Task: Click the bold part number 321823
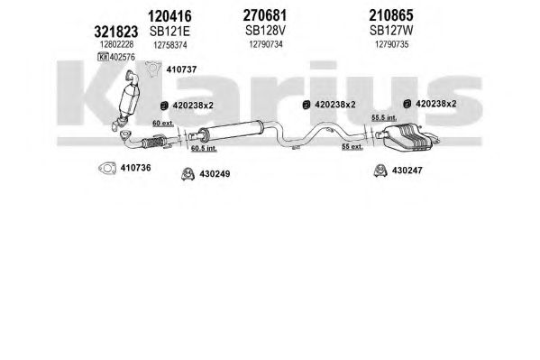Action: pos(116,32)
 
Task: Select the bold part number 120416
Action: pos(169,16)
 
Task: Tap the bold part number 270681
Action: pos(265,15)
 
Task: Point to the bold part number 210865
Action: pos(391,15)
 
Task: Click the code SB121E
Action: pos(169,32)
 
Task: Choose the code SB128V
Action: pos(265,31)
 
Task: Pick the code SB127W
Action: pos(391,31)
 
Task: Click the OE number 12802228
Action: pos(116,44)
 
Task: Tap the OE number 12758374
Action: pos(170,45)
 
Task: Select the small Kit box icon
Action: pos(103,57)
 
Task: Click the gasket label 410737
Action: pos(181,69)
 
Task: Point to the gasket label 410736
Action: pos(136,168)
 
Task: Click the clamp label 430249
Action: pos(215,174)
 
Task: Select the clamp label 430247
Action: pos(407,171)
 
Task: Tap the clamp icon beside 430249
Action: pos(188,174)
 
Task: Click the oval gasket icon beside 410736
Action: pos(107,169)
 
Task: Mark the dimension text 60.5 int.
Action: pos(204,148)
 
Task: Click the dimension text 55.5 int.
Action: pos(384,117)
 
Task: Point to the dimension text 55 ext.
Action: pos(352,146)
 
